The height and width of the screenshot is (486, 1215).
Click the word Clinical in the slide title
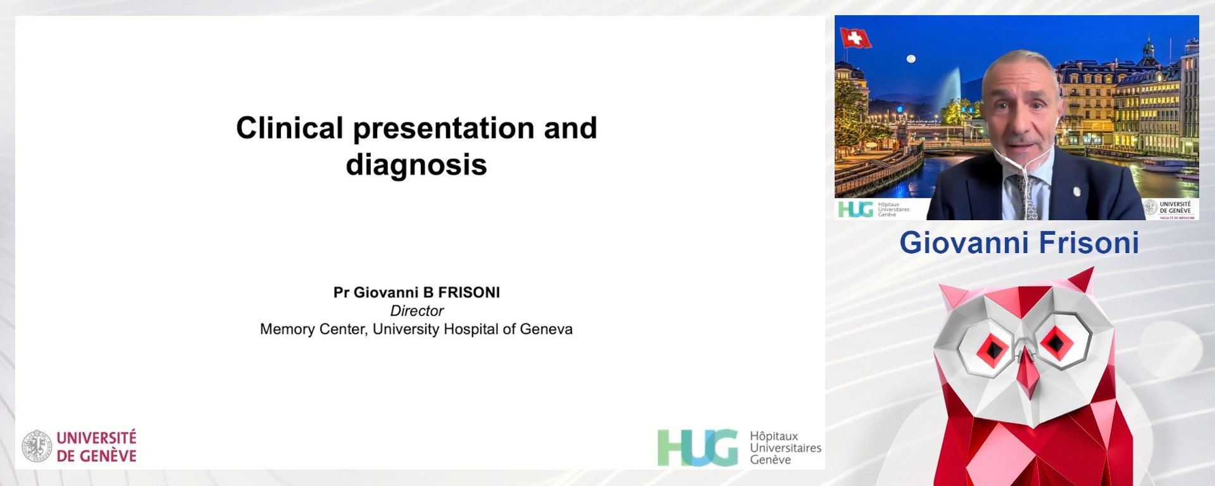point(289,128)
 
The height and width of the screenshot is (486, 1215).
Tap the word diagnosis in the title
point(416,165)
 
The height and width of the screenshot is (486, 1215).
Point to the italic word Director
point(417,311)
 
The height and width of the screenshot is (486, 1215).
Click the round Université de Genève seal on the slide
point(37,446)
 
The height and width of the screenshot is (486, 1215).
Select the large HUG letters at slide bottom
point(697,447)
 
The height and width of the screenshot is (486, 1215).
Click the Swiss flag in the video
point(856,39)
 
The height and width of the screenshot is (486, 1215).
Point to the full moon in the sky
point(911,59)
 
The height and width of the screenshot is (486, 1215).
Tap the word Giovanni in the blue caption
point(963,243)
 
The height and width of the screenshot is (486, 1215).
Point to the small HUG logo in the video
point(856,209)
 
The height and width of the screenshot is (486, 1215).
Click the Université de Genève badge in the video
point(1169,209)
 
